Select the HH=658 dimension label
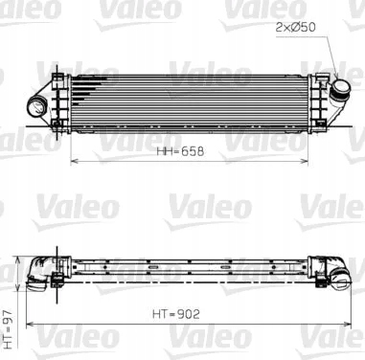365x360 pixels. pyautogui.click(x=182, y=151)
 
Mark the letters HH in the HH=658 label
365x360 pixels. pyautogui.click(x=165, y=151)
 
